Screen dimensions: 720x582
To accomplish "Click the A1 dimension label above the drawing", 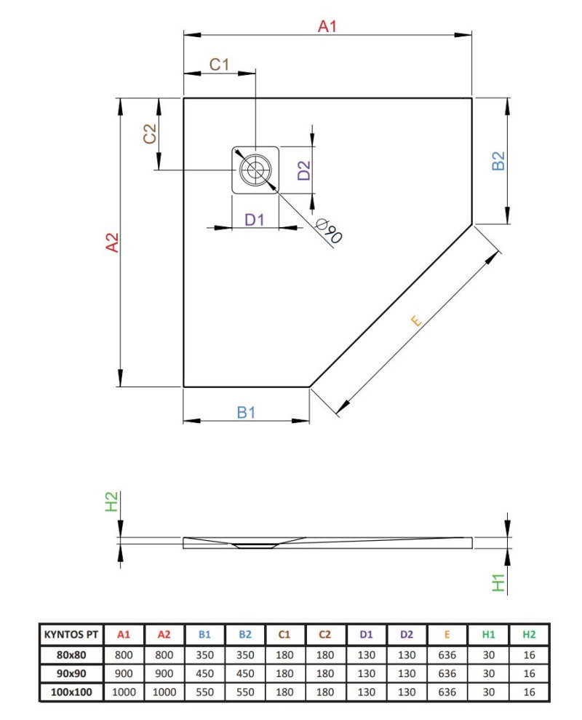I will click(328, 27).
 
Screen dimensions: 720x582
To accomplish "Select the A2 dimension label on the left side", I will click(112, 242).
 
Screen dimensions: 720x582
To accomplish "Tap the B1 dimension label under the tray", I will click(247, 413).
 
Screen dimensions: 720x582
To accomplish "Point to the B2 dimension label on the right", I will click(498, 161).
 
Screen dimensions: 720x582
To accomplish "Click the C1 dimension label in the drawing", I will click(219, 65).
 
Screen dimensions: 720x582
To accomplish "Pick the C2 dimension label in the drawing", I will click(150, 134).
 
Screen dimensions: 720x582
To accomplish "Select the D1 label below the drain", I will click(253, 219).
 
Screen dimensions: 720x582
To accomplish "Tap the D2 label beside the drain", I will click(304, 170).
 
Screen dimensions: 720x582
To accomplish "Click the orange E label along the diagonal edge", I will click(416, 320).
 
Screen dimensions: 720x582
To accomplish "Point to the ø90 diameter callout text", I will click(330, 231).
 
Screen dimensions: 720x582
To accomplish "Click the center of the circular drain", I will click(255, 171).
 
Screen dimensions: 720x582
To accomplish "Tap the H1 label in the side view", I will click(498, 582).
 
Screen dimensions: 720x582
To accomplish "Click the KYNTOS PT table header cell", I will click(71, 635).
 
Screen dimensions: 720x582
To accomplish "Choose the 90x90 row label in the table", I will click(71, 673).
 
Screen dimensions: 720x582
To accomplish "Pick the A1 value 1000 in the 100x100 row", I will click(124, 692).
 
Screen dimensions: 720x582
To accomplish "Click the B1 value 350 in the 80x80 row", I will click(205, 654).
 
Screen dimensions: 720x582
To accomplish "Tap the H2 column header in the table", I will click(529, 635).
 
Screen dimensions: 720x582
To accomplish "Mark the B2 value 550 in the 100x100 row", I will click(245, 692).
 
